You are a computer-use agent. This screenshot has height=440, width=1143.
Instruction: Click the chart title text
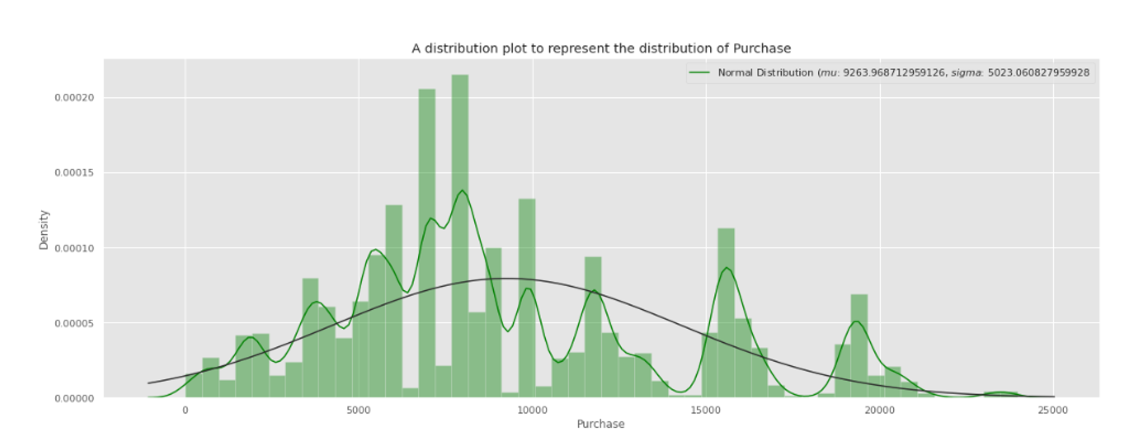pyautogui.click(x=601, y=49)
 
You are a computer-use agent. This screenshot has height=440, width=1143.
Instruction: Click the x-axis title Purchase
pyautogui.click(x=600, y=424)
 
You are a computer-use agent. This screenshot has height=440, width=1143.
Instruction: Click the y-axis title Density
pyautogui.click(x=44, y=230)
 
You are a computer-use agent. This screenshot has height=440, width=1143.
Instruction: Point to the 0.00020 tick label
pyautogui.click(x=74, y=98)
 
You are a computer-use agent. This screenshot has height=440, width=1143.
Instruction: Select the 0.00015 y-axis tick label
pyautogui.click(x=74, y=173)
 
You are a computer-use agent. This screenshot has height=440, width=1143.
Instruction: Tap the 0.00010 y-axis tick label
pyautogui.click(x=74, y=248)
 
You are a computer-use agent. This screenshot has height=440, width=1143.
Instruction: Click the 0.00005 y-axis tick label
pyautogui.click(x=74, y=323)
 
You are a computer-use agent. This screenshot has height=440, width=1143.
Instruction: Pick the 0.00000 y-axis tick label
pyautogui.click(x=74, y=398)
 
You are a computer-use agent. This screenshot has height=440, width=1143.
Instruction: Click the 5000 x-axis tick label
pyautogui.click(x=358, y=410)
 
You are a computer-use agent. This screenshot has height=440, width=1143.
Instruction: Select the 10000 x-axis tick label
pyautogui.click(x=532, y=410)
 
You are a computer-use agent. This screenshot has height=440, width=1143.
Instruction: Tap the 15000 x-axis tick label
pyautogui.click(x=706, y=410)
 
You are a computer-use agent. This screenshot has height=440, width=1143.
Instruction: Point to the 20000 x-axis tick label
pyautogui.click(x=880, y=410)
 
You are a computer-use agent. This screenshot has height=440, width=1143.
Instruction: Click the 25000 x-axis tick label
pyautogui.click(x=1053, y=410)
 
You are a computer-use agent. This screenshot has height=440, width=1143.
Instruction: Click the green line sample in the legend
pyautogui.click(x=700, y=73)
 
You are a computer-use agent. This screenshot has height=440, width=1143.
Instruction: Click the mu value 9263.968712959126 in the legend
pyautogui.click(x=893, y=73)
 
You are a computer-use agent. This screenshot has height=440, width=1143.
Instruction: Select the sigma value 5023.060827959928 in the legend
pyautogui.click(x=1038, y=73)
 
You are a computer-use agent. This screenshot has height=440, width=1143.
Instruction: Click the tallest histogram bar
pyautogui.click(x=459, y=229)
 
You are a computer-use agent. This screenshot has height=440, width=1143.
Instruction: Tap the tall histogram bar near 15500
pyautogui.click(x=726, y=309)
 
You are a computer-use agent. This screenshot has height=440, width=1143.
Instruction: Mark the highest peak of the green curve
pyautogui.click(x=462, y=190)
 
